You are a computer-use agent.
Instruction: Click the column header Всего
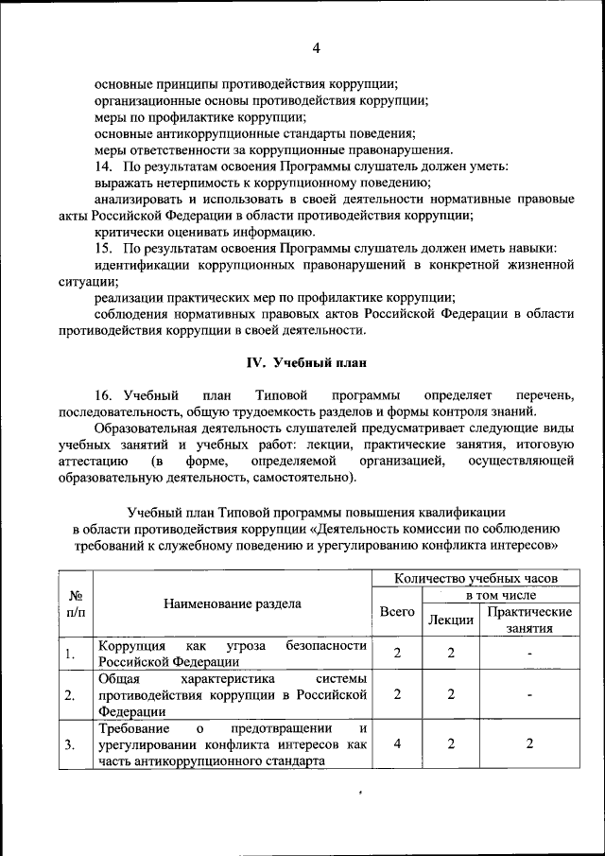397,612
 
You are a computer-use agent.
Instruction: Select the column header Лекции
451,620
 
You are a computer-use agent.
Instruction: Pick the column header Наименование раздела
233,603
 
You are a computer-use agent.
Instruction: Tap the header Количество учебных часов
475,577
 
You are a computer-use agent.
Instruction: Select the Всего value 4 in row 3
397,744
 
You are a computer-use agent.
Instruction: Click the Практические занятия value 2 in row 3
529,744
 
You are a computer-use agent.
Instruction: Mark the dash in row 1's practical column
529,654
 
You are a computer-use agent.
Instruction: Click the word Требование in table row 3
134,728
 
